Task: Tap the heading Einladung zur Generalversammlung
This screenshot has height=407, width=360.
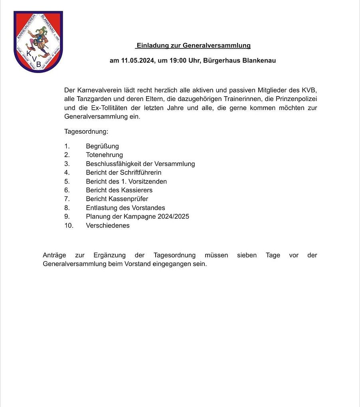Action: pos(193,45)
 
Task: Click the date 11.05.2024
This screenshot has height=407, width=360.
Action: pos(137,61)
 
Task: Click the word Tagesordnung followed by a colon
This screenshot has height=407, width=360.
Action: pos(86,131)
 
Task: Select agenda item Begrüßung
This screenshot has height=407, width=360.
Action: pos(102,146)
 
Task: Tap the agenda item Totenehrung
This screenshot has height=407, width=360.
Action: pos(104,155)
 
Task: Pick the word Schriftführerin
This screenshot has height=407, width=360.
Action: pos(140,173)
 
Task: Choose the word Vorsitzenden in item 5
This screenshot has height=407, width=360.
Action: pos(147,182)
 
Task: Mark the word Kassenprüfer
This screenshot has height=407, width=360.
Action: pos(128,199)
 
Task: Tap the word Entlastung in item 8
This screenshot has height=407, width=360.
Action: pos(101,208)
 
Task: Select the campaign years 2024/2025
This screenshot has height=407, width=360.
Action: pos(170,217)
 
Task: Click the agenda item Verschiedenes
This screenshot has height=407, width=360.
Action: pos(108,225)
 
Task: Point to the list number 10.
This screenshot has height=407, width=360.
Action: pos(69,225)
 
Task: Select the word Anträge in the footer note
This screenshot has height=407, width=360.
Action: pos(54,255)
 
